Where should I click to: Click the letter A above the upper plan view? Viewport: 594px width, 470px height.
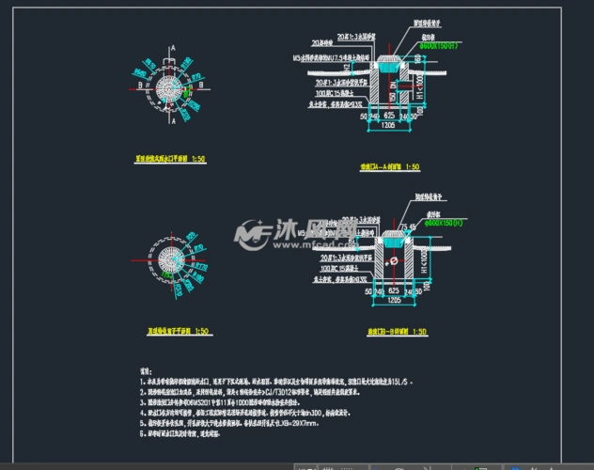(x=172, y=46)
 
